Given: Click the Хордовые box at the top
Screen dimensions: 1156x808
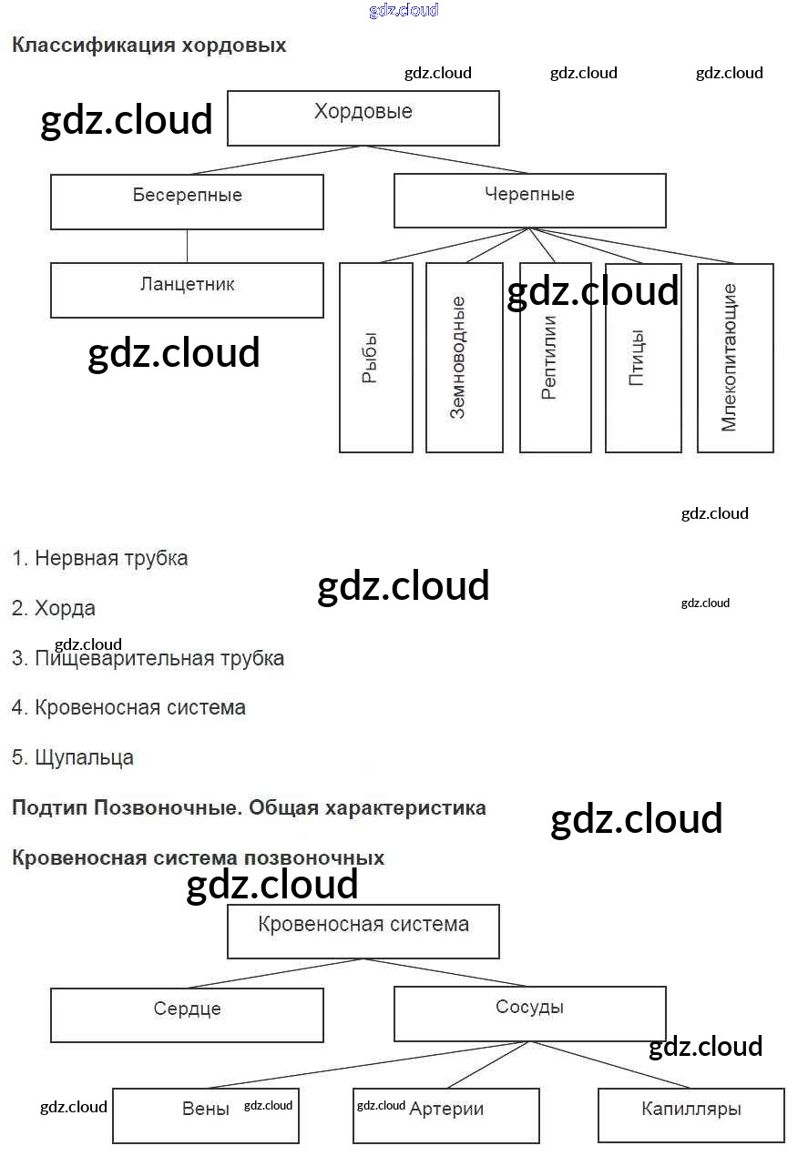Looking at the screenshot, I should pyautogui.click(x=363, y=118).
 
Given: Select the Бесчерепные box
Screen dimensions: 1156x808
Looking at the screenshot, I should pyautogui.click(x=187, y=202).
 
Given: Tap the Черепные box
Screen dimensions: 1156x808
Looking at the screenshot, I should pyautogui.click(x=529, y=201).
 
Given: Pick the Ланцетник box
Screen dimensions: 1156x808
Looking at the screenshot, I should pyautogui.click(x=187, y=290).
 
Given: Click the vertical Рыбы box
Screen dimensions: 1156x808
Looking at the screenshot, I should pyautogui.click(x=375, y=358).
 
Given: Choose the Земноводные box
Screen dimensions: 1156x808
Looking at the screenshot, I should pyautogui.click(x=464, y=358).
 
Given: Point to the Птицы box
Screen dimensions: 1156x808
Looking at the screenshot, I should pyautogui.click(x=642, y=358).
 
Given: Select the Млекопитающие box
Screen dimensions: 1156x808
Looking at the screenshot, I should pyautogui.click(x=734, y=358).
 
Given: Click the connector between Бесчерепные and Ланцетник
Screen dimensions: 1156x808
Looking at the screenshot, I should pyautogui.click(x=188, y=246).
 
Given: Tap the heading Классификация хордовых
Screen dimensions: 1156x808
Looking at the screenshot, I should pyautogui.click(x=148, y=46).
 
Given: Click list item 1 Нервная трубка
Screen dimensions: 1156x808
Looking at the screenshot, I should pyautogui.click(x=100, y=558).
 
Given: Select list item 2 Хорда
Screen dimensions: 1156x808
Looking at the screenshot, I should pyautogui.click(x=54, y=608).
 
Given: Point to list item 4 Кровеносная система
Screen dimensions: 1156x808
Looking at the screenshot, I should pyautogui.click(x=128, y=707).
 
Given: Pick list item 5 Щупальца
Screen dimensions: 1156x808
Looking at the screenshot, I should pyautogui.click(x=73, y=757).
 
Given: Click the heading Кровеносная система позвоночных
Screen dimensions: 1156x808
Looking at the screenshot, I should pyautogui.click(x=198, y=857).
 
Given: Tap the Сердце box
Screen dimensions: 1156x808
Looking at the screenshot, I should pyautogui.click(x=187, y=1015).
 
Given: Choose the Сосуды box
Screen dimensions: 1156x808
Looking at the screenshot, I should pyautogui.click(x=529, y=1013).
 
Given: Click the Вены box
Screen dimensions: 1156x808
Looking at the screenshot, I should pyautogui.click(x=206, y=1116).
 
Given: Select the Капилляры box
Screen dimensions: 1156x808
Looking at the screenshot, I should pyautogui.click(x=690, y=1115).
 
